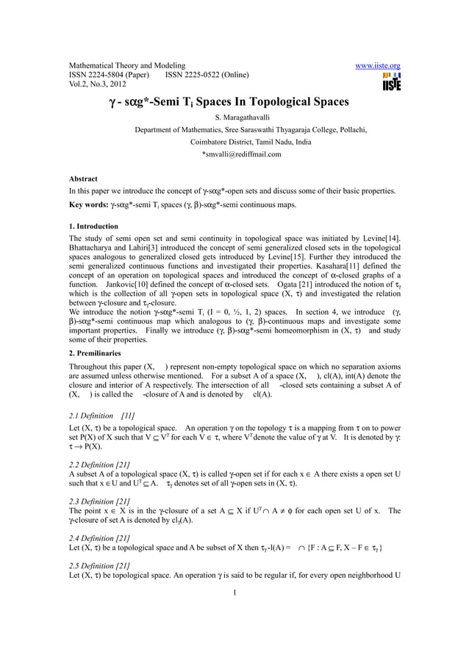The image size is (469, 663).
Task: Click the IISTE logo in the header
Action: (391, 81)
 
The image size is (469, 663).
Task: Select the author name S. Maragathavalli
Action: (235, 117)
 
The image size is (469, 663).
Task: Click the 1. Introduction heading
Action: (93, 226)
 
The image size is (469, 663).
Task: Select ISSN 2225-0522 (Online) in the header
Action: (208, 75)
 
